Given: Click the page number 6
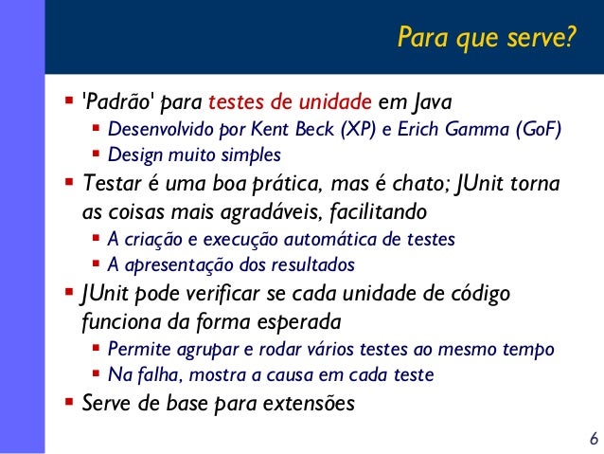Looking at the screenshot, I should pyautogui.click(x=593, y=439).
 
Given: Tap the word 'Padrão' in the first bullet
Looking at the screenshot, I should pyautogui.click(x=120, y=101).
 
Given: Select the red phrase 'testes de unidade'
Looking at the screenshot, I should pyautogui.click(x=290, y=101).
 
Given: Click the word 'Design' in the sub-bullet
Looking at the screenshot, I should pyautogui.click(x=133, y=154).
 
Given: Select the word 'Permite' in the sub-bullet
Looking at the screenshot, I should pyautogui.click(x=136, y=349).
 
